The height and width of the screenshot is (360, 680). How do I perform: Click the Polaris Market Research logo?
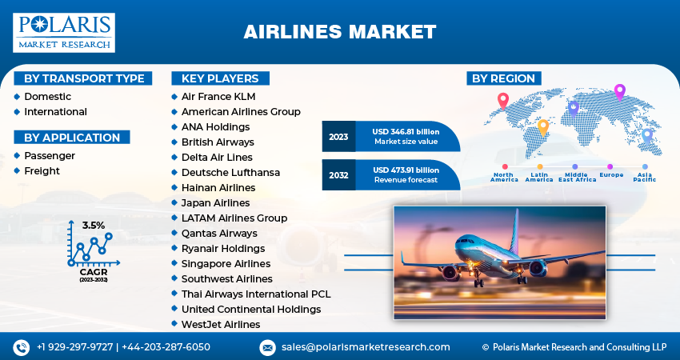(x=64, y=32)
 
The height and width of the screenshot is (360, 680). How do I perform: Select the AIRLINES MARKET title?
(x=340, y=32)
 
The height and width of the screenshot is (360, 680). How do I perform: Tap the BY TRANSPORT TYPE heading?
(x=84, y=78)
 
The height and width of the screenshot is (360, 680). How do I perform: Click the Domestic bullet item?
(x=47, y=97)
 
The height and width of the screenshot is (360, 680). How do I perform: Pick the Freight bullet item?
(x=42, y=170)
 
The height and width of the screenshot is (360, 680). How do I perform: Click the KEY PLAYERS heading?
(x=220, y=78)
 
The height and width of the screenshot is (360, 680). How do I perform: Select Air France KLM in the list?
(x=218, y=97)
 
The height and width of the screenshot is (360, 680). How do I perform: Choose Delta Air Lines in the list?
(x=217, y=158)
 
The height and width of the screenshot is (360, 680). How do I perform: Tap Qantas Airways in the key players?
(x=219, y=233)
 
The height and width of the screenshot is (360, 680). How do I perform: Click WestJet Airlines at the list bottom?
(x=221, y=324)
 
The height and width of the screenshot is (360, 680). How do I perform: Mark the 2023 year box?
(x=338, y=137)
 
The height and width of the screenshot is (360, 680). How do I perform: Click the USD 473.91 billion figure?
(x=406, y=170)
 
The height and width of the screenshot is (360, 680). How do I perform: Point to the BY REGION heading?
(x=503, y=78)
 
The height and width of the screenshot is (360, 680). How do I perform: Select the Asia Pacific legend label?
(x=644, y=177)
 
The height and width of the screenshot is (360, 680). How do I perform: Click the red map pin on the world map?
(x=502, y=100)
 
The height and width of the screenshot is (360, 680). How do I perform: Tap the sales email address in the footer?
(x=366, y=347)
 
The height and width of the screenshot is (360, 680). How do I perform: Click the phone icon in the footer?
(x=22, y=347)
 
